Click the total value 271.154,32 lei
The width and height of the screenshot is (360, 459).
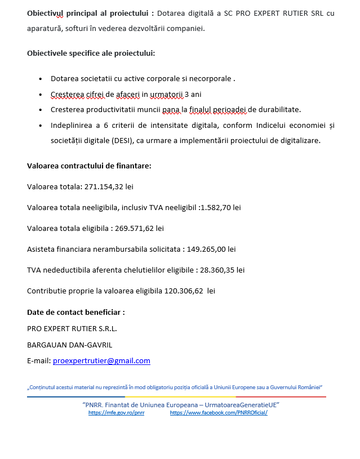(x=109, y=186)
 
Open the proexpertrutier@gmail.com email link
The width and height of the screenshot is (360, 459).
(x=101, y=361)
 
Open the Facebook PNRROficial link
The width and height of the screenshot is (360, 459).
(x=219, y=413)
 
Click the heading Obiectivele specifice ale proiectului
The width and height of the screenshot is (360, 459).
(x=91, y=54)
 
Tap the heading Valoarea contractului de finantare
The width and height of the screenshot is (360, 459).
(x=89, y=166)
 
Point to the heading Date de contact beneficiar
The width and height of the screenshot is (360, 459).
(x=76, y=312)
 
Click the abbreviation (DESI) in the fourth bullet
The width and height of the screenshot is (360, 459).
(x=120, y=141)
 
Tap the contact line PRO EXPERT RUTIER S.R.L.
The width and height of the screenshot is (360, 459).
(x=72, y=328)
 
